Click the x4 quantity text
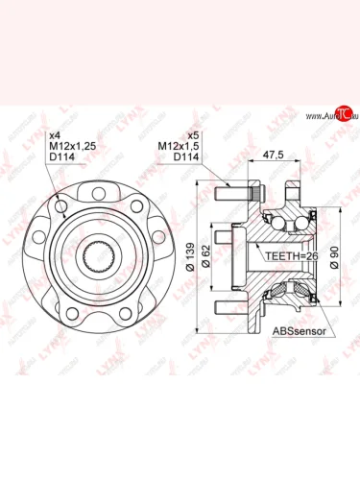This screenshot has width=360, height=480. click(54, 135)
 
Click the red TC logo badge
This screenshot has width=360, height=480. click(333, 116)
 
